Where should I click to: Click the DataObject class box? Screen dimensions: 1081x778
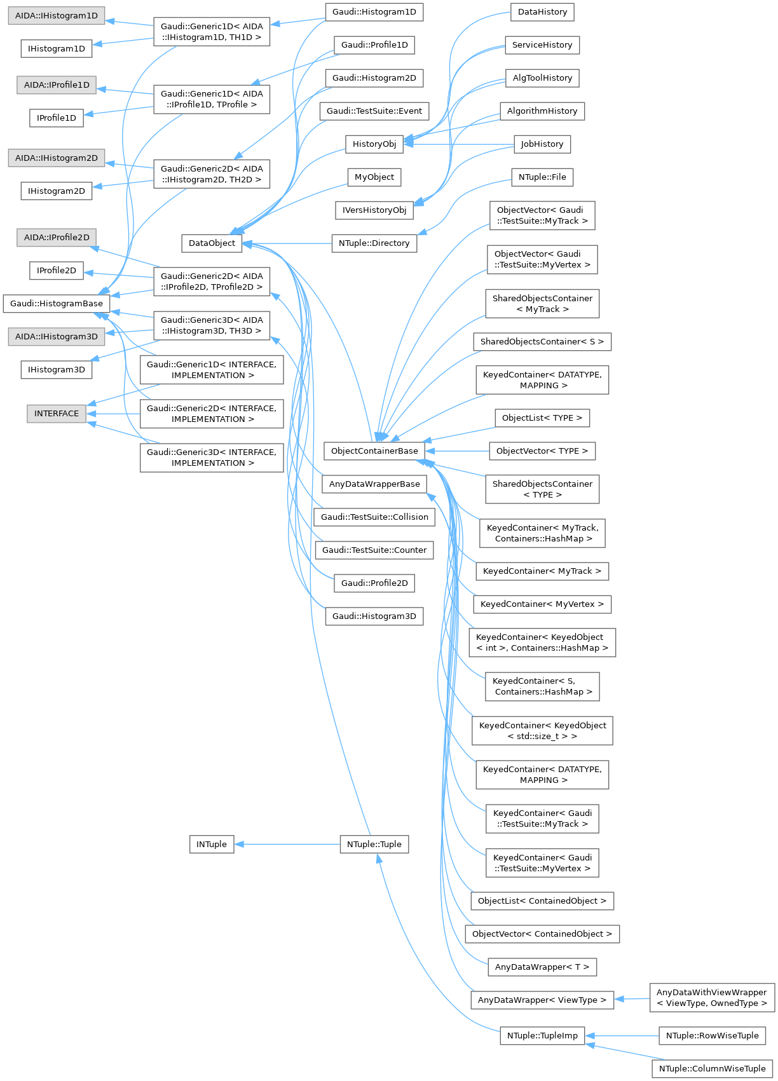click(x=212, y=243)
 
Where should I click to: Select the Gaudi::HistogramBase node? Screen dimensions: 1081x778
click(x=56, y=304)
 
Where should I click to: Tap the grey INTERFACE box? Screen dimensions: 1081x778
click(x=57, y=413)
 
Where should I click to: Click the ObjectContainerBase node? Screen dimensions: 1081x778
click(x=374, y=451)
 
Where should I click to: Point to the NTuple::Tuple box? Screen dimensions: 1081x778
click(x=374, y=844)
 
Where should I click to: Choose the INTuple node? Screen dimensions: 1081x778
click(x=212, y=844)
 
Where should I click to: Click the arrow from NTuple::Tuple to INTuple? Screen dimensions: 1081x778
click(x=286, y=844)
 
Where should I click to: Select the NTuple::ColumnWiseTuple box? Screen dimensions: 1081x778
click(x=712, y=1068)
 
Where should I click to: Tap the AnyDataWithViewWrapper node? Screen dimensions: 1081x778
click(x=711, y=998)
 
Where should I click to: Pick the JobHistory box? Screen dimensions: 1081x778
click(x=542, y=144)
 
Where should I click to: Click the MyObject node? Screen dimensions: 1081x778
click(x=374, y=177)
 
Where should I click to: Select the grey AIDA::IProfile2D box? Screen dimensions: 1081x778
click(x=57, y=237)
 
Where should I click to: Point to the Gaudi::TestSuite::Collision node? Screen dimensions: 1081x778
click(x=374, y=517)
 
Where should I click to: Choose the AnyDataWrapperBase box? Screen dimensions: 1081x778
click(x=374, y=484)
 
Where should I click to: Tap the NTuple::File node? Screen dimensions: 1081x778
click(x=542, y=177)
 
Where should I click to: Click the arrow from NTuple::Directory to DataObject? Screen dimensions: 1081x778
click(x=286, y=243)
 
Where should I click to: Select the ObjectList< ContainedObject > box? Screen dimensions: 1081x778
click(x=542, y=901)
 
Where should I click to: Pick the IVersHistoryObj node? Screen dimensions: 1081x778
click(x=374, y=210)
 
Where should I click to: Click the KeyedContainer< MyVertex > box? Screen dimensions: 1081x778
click(x=542, y=604)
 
